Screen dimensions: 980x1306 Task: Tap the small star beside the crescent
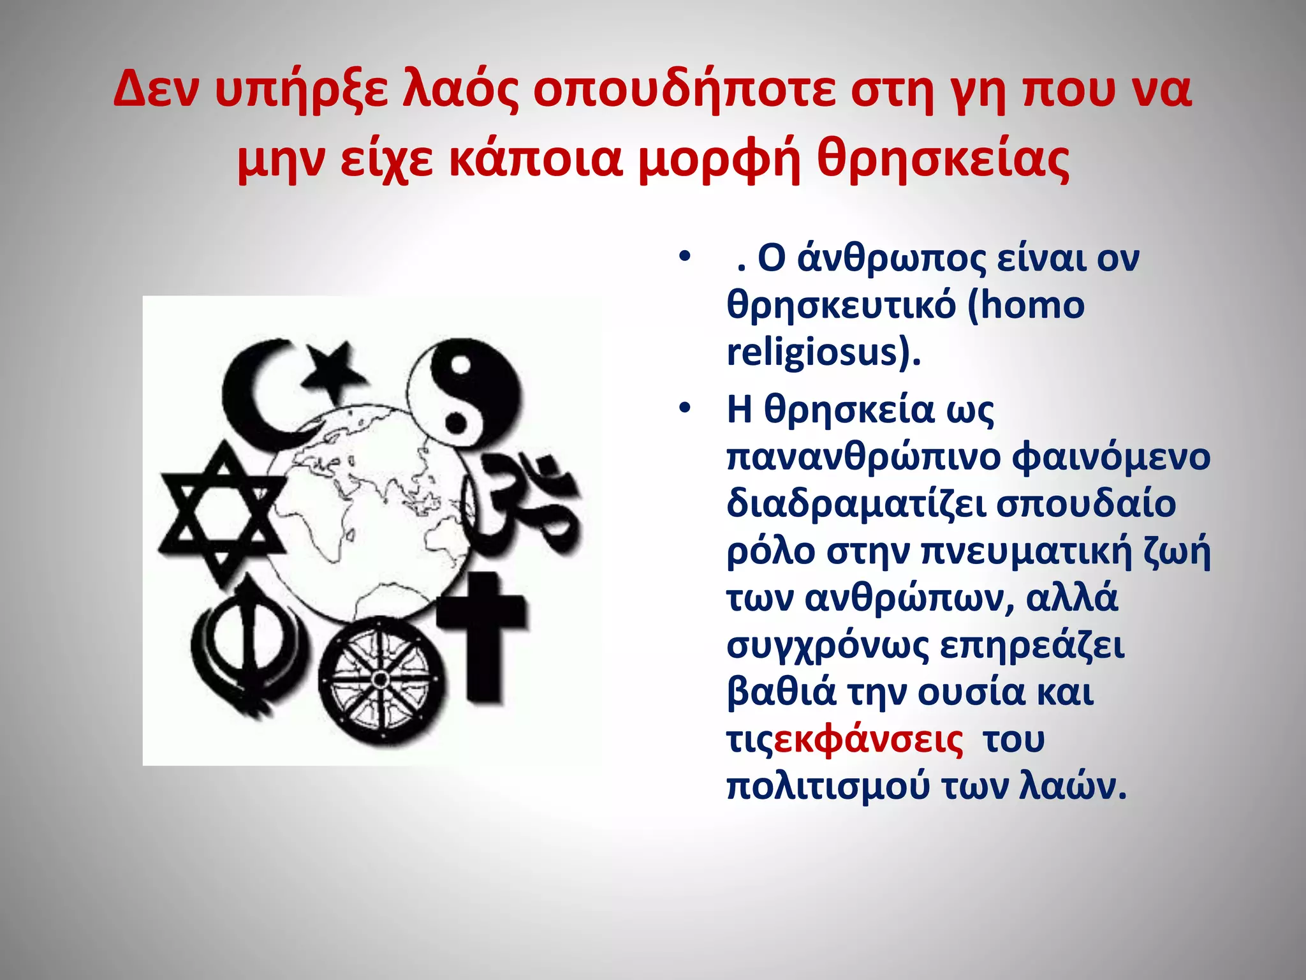click(333, 364)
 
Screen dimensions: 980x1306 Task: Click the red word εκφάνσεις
click(869, 739)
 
